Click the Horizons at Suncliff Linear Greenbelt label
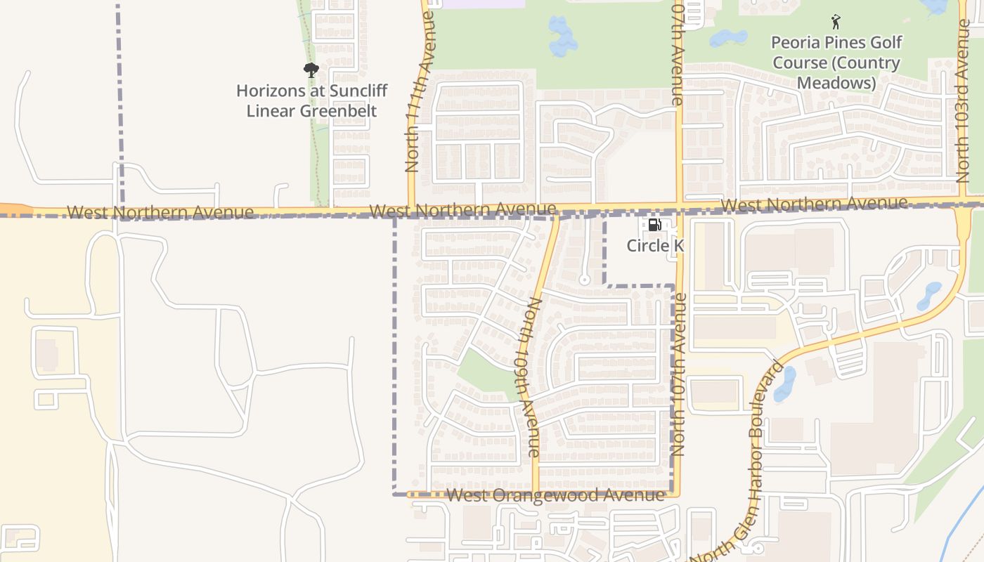click(311, 100)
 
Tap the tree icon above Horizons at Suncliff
click(311, 70)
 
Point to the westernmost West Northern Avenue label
click(160, 212)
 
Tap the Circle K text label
click(655, 246)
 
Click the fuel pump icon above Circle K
click(654, 225)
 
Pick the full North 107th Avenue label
click(679, 376)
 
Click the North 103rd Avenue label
click(964, 102)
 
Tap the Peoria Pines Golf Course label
click(836, 63)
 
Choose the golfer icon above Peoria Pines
click(836, 22)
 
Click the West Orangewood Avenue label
click(555, 495)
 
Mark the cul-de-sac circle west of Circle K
click(583, 280)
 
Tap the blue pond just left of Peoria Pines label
click(729, 38)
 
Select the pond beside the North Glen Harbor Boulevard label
click(784, 384)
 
